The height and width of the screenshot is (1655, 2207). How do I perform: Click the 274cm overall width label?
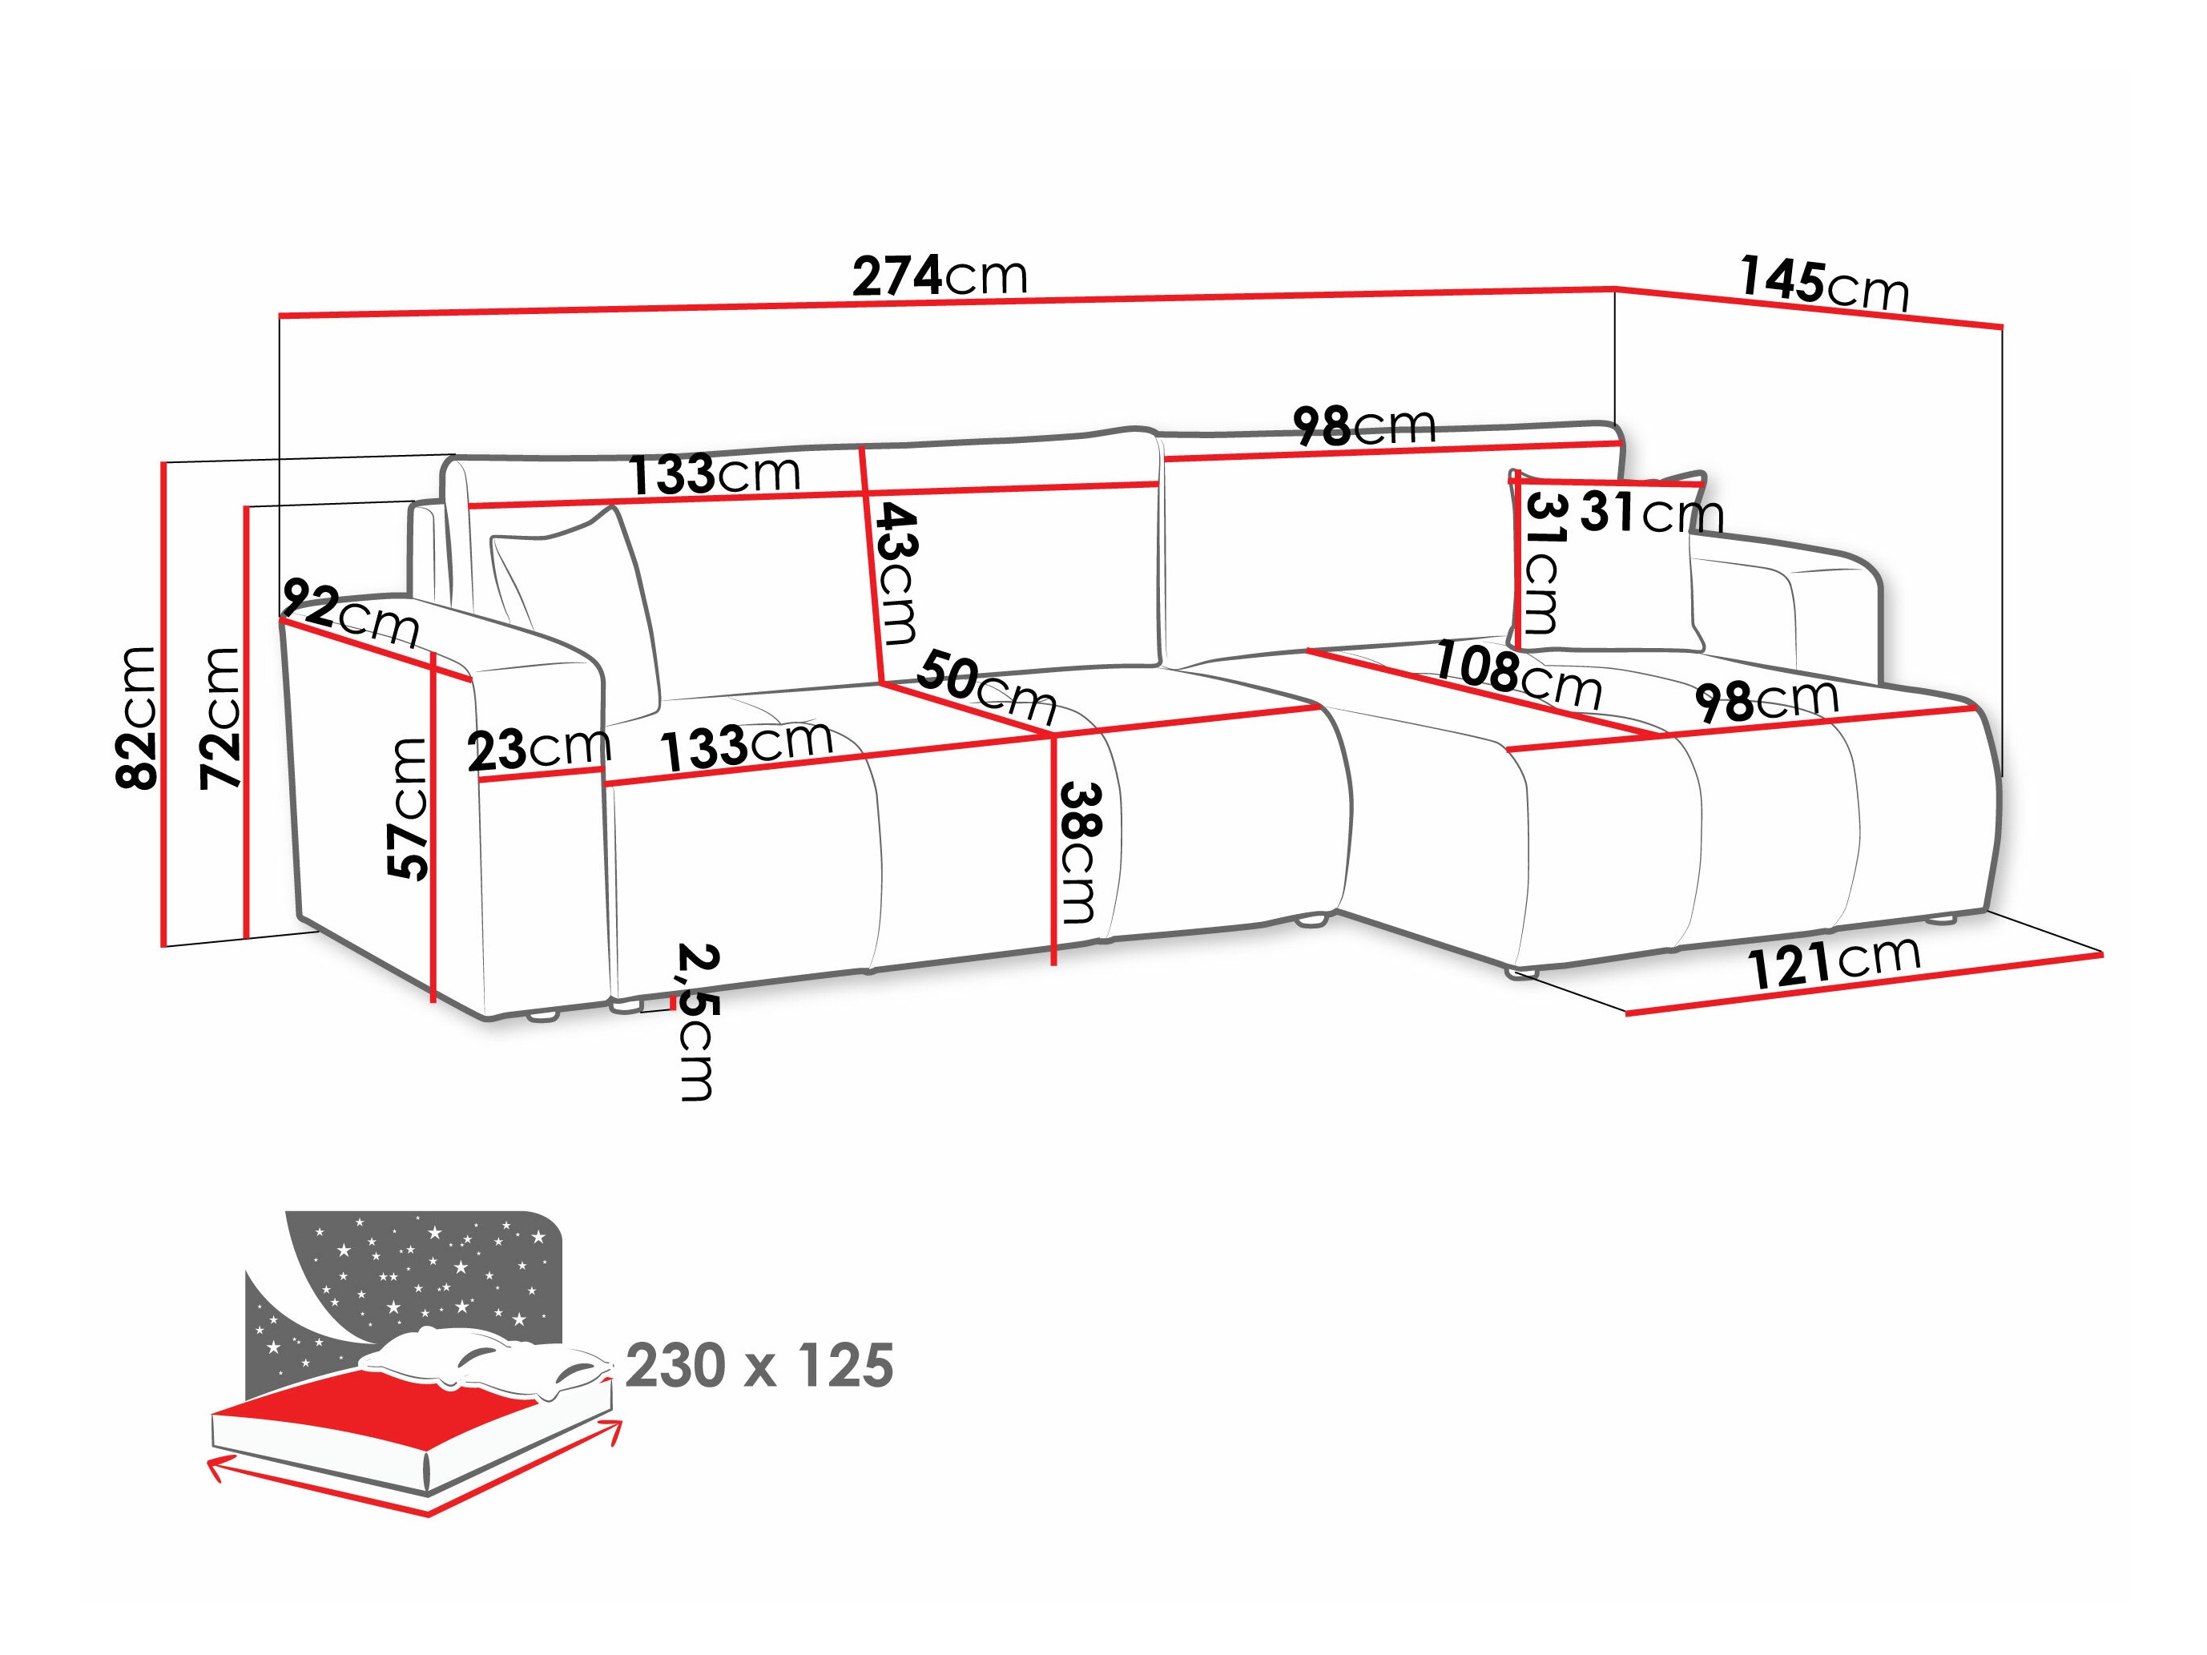pyautogui.click(x=939, y=276)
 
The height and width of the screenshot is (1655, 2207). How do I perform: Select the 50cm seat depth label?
pyautogui.click(x=986, y=687)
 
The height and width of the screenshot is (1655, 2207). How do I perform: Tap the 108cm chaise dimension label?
pyautogui.click(x=1516, y=675)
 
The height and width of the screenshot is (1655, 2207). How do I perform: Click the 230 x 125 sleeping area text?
pyautogui.click(x=759, y=1366)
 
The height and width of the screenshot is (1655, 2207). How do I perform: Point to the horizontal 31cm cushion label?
pyautogui.click(x=1651, y=513)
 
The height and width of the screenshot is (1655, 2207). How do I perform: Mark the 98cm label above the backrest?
pyautogui.click(x=1364, y=426)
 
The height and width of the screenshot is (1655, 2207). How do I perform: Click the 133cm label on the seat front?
pyautogui.click(x=747, y=744)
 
